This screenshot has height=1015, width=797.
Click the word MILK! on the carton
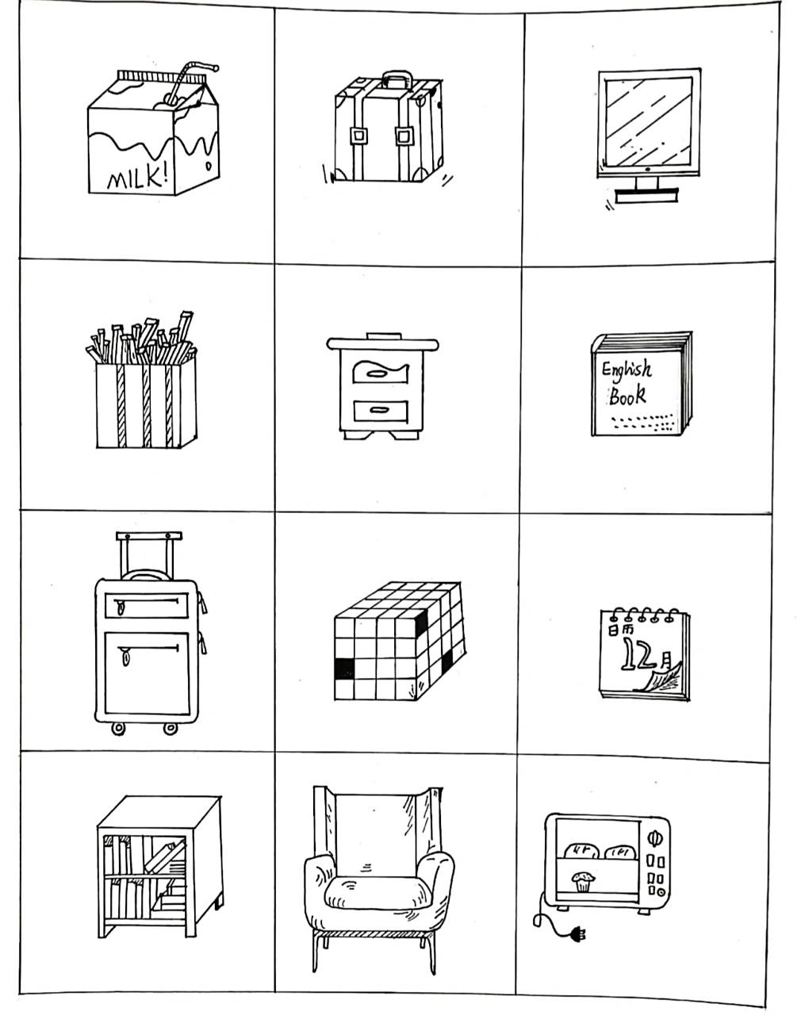(137, 178)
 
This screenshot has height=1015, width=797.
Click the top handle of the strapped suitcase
(397, 79)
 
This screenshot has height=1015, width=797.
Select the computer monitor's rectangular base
(646, 196)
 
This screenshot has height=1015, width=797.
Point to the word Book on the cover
(627, 395)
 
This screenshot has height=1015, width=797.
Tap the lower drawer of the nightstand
(381, 411)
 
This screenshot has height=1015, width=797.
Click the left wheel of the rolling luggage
(118, 729)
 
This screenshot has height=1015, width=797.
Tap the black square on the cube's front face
(344, 668)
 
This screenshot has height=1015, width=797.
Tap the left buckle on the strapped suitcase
(358, 136)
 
